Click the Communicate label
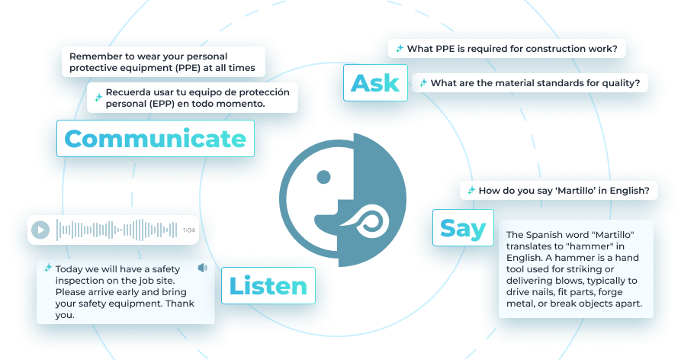[x=155, y=139]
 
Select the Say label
[x=463, y=227]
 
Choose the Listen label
[x=268, y=286]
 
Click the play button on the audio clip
[x=41, y=230]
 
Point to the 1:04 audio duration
[x=188, y=230]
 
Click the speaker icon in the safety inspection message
[x=202, y=268]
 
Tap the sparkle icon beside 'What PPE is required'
[x=399, y=49]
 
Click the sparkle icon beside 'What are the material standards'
[x=422, y=82]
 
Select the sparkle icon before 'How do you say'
[x=471, y=191]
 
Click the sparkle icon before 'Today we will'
[x=48, y=268]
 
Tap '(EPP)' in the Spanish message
[x=181, y=104]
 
